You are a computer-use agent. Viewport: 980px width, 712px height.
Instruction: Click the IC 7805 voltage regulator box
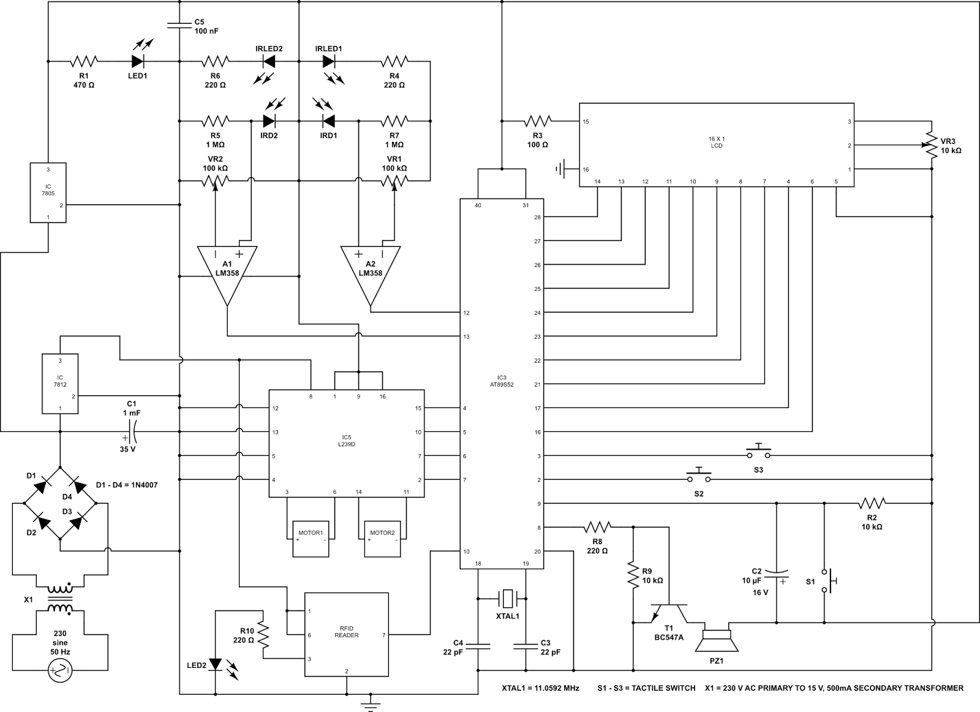click(48, 192)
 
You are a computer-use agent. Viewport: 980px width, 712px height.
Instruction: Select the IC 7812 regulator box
click(60, 384)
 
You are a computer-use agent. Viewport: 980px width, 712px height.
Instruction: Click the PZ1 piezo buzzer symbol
click(717, 640)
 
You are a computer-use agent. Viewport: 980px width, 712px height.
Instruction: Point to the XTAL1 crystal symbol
click(508, 598)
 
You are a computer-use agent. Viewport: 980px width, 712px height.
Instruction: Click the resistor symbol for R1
click(84, 61)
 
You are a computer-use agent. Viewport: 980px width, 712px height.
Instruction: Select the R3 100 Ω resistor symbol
click(538, 121)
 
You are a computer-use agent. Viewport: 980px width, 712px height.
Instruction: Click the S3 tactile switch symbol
click(759, 451)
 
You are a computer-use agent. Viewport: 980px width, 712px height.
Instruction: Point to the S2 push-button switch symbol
click(699, 475)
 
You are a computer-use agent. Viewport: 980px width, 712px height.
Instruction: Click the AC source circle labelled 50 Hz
click(60, 670)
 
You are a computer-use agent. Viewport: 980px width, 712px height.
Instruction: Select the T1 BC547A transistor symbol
click(669, 613)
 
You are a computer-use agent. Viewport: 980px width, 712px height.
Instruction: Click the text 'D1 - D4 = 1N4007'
click(127, 485)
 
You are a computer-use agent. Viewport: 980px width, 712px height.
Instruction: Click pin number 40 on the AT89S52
click(478, 205)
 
